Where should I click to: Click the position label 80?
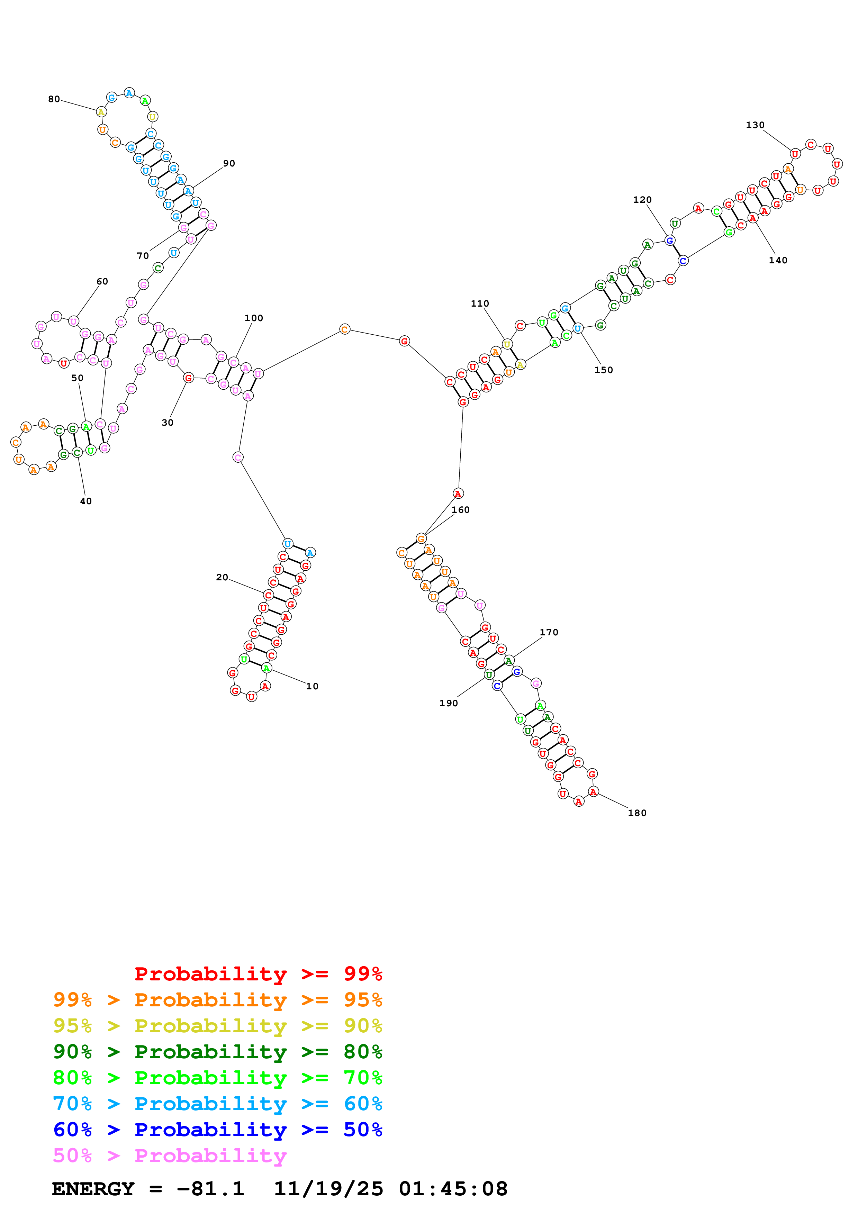(x=54, y=99)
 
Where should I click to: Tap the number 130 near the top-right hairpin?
(x=755, y=125)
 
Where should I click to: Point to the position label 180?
(x=637, y=813)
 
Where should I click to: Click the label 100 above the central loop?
(x=254, y=318)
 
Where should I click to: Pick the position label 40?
(x=85, y=501)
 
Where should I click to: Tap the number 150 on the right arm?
(x=603, y=370)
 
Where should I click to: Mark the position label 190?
(x=448, y=703)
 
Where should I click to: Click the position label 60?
(x=102, y=281)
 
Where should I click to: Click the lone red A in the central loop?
(x=458, y=493)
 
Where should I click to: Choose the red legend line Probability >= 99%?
(x=258, y=973)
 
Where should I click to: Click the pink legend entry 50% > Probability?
(x=169, y=1155)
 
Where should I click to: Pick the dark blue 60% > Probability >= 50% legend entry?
(x=217, y=1130)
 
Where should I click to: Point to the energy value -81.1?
(x=210, y=1189)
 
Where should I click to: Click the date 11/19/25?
(x=328, y=1189)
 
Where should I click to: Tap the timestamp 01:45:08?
(x=453, y=1189)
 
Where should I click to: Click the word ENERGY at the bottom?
(x=93, y=1189)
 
